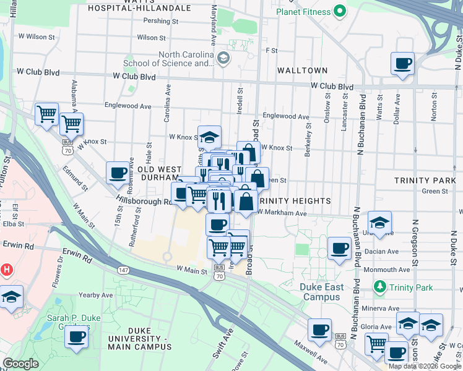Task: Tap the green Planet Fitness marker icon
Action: point(339,11)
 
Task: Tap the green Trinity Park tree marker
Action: point(379,287)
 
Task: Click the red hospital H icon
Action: point(7,270)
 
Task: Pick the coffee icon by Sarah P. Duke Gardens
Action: point(76,336)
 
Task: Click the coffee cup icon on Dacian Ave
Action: point(339,249)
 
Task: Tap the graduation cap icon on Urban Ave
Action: point(379,223)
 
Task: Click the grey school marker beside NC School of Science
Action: point(223,58)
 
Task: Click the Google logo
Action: point(20,364)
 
